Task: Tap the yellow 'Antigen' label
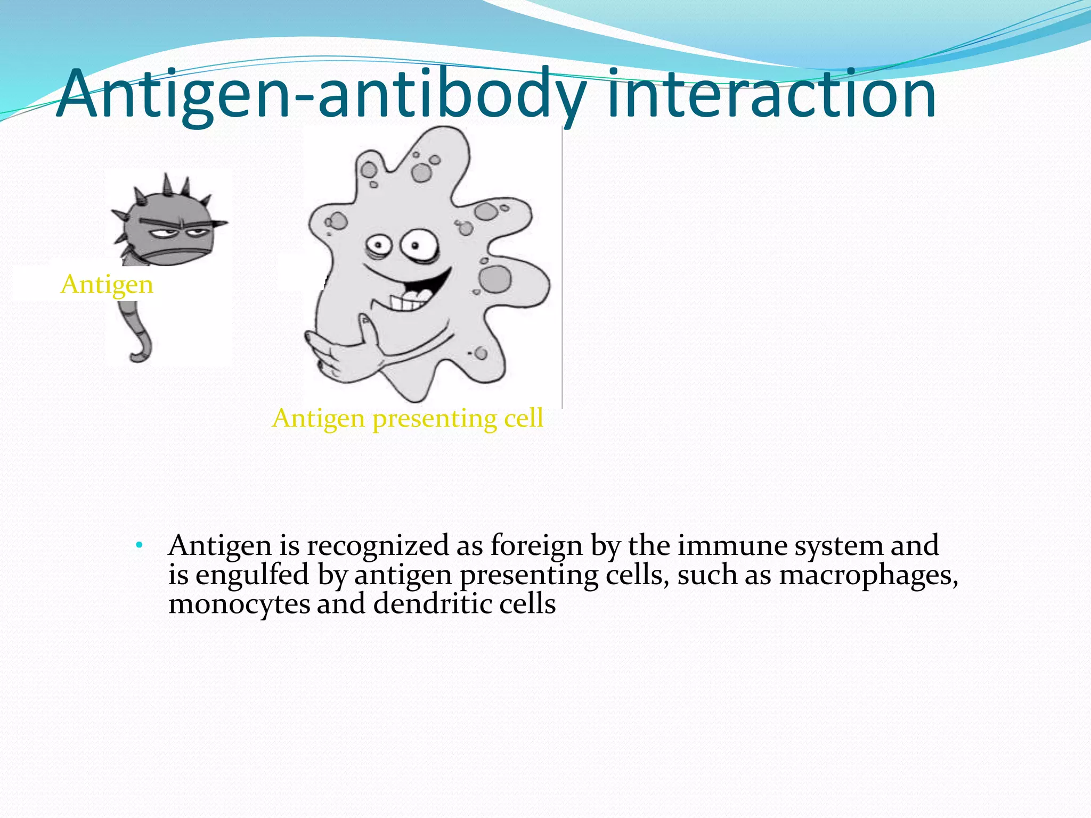tap(107, 284)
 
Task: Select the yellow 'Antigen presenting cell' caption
tap(408, 419)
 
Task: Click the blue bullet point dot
tap(139, 545)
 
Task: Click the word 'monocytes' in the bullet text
tap(239, 604)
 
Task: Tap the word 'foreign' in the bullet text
tap(536, 546)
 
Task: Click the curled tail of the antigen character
tap(139, 336)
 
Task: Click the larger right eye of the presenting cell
tap(419, 246)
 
